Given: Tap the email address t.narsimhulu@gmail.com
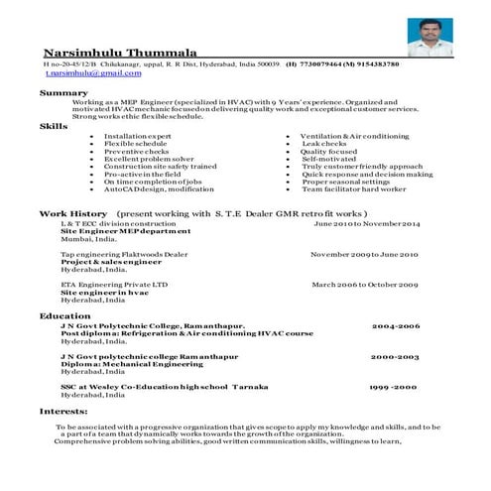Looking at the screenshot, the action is [x=84, y=72].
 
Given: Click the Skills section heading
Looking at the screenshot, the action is [x=54, y=127].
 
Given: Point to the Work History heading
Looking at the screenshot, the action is [x=72, y=214].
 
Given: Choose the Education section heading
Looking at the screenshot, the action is [x=65, y=315].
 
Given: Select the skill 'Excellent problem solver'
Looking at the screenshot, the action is [x=149, y=159].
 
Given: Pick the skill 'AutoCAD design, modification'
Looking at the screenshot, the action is [x=158, y=189].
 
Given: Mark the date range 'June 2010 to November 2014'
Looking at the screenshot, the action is [x=367, y=225].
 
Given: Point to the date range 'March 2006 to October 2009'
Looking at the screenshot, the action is [x=364, y=285].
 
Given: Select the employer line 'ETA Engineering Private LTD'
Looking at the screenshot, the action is [x=114, y=285].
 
